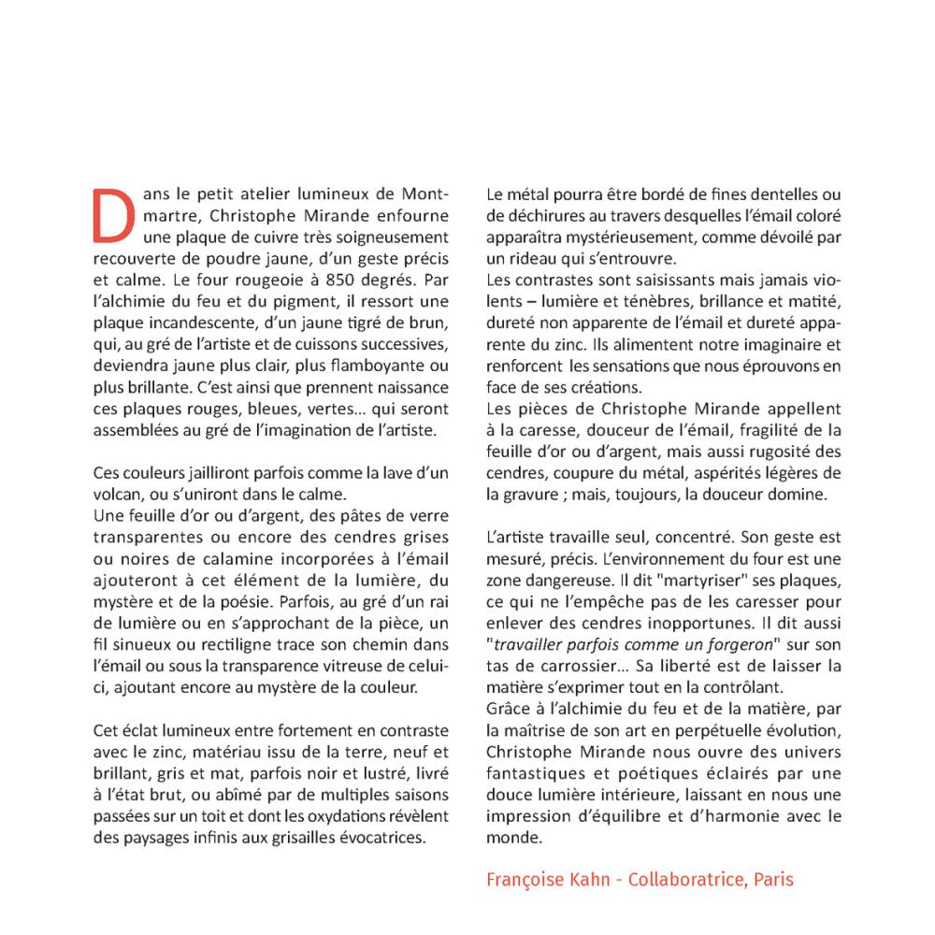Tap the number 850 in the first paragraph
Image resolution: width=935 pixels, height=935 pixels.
click(x=347, y=279)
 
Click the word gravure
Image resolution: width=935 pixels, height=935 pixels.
click(x=534, y=493)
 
